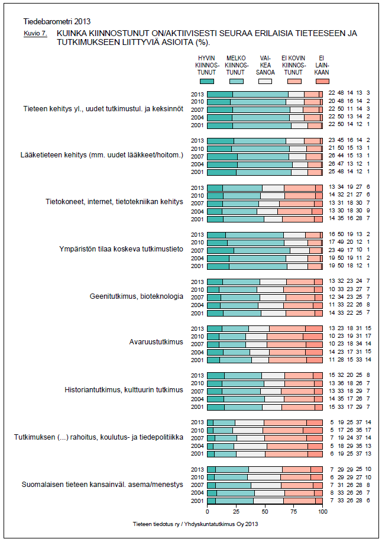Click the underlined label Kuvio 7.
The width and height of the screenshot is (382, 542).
(x=35, y=34)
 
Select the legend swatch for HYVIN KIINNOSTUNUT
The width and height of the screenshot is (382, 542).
(x=207, y=80)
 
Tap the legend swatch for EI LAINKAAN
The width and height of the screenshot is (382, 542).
(x=322, y=80)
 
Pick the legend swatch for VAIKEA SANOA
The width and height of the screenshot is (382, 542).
(x=265, y=80)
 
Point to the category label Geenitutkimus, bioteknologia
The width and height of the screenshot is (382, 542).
(x=136, y=295)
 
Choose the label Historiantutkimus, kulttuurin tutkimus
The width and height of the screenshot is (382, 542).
(x=124, y=389)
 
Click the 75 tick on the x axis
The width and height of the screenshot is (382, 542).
(x=294, y=511)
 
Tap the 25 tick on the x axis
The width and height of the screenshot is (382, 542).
(x=236, y=511)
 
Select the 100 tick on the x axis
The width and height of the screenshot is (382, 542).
(x=322, y=511)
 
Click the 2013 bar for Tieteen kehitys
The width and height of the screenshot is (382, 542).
(x=264, y=94)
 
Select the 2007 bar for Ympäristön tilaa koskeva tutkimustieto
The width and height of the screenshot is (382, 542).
(x=264, y=250)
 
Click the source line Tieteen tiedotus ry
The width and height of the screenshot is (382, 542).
(x=196, y=524)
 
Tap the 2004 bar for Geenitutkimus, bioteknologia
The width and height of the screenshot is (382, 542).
(x=264, y=305)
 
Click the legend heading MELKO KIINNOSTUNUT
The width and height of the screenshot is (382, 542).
(x=236, y=65)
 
